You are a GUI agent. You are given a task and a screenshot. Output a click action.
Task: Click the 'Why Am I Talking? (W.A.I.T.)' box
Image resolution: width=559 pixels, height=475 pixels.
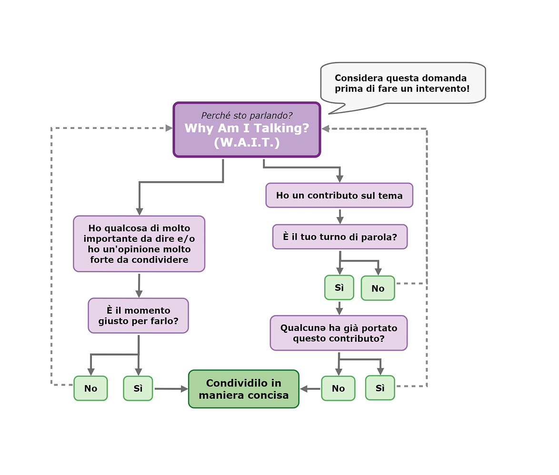pos(247,129)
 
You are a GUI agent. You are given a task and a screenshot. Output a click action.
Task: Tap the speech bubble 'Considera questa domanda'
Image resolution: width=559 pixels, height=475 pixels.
pos(403,83)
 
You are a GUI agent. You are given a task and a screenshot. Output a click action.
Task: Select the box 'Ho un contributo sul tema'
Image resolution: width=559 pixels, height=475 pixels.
pos(339,195)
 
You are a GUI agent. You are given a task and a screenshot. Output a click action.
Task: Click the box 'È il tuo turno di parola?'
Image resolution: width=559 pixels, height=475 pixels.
pos(339,237)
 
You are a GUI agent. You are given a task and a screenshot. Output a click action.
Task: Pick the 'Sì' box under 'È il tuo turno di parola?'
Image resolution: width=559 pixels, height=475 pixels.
pos(339,287)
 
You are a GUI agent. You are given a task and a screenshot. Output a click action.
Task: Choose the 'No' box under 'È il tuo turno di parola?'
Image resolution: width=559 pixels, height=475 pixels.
pos(378,288)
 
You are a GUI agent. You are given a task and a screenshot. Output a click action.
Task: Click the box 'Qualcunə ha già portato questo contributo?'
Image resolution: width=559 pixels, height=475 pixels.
pos(339,333)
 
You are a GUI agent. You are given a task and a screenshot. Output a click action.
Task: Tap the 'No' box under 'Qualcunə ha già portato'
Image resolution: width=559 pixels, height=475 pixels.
pos(338,388)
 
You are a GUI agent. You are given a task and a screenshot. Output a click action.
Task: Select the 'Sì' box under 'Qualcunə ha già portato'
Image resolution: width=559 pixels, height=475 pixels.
pos(380,388)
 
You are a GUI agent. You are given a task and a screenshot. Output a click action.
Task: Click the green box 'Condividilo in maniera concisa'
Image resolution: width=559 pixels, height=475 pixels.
pos(243,389)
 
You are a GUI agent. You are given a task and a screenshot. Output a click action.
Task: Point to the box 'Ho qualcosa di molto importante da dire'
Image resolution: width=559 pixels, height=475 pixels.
pos(139,244)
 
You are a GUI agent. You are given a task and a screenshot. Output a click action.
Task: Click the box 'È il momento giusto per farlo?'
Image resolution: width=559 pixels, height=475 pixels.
pos(138,316)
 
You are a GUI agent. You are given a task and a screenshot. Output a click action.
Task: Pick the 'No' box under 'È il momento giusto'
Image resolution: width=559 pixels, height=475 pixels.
pos(90,388)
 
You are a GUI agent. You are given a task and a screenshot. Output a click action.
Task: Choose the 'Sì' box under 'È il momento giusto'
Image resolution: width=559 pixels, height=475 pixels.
pos(138,388)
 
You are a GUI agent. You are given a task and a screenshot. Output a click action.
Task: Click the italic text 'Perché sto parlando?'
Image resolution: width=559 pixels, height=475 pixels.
pos(247,116)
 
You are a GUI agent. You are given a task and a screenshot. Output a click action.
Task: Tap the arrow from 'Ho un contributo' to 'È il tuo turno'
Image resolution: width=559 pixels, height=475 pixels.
pos(339,216)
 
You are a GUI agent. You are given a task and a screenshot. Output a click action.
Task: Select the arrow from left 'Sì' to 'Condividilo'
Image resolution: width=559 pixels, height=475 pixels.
pos(170,389)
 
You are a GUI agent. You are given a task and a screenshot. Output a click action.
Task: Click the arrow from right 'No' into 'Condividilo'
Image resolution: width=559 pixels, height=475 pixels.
pos(310,389)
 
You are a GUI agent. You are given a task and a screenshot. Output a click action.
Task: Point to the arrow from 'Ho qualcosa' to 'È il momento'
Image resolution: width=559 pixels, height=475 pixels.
pos(139,285)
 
